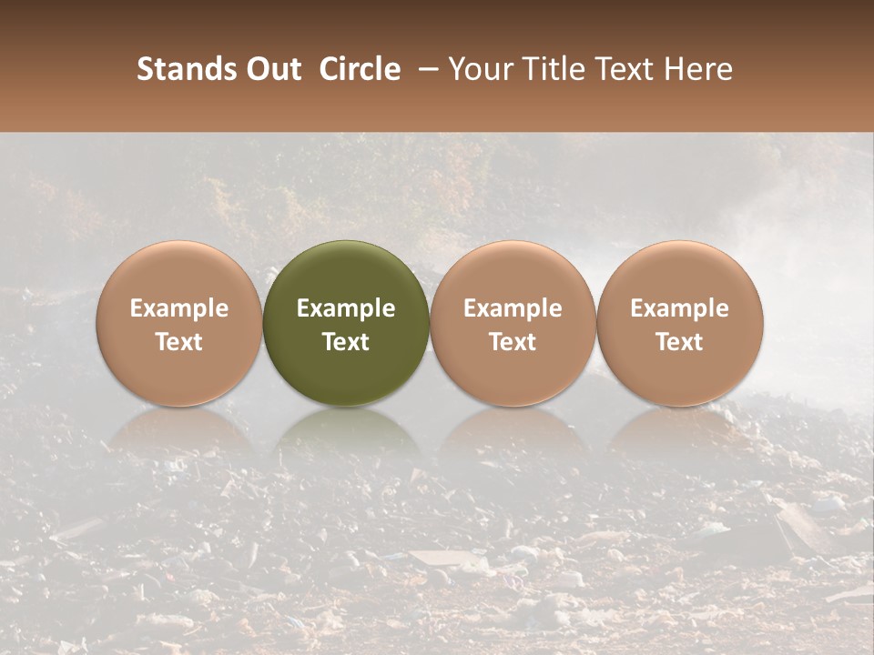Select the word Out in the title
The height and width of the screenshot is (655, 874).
click(x=271, y=69)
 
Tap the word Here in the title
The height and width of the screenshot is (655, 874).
click(x=696, y=69)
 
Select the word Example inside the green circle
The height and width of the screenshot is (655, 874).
click(x=346, y=308)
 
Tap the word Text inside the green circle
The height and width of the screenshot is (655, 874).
click(x=346, y=342)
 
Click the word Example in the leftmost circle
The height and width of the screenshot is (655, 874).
click(x=179, y=308)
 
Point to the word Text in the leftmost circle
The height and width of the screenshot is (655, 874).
click(x=179, y=342)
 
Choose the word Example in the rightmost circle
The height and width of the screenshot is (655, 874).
click(x=680, y=308)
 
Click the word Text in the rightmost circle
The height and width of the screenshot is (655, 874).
click(x=680, y=342)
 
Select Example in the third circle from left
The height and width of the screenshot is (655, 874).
click(x=513, y=308)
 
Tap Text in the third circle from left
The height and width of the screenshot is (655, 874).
click(x=513, y=342)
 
